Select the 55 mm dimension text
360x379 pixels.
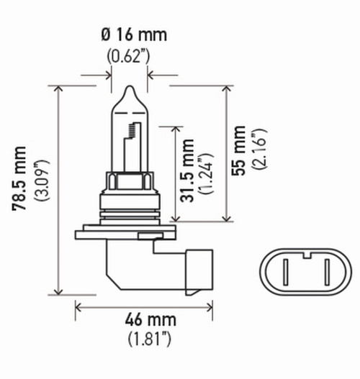240,150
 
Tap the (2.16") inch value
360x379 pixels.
260,150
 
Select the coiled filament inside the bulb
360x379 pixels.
132,132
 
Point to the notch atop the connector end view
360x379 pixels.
305,252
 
